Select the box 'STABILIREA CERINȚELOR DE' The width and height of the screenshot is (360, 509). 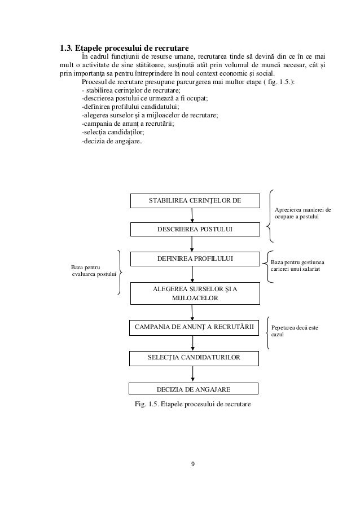click(195, 200)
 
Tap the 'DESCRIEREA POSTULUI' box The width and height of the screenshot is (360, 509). click(195, 229)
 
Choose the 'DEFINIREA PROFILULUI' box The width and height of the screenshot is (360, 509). click(195, 258)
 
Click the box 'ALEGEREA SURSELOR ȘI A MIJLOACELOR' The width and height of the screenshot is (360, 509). click(195, 293)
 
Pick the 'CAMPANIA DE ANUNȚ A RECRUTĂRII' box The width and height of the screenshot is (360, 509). click(195, 327)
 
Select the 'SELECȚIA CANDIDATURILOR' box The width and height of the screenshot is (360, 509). click(195, 358)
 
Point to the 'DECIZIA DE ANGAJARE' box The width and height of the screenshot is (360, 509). click(194, 388)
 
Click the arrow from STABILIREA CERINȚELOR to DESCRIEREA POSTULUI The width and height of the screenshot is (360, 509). click(193, 215)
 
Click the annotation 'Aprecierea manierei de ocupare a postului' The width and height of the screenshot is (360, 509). click(302, 213)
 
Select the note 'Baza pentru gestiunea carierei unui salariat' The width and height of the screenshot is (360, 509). click(298, 266)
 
